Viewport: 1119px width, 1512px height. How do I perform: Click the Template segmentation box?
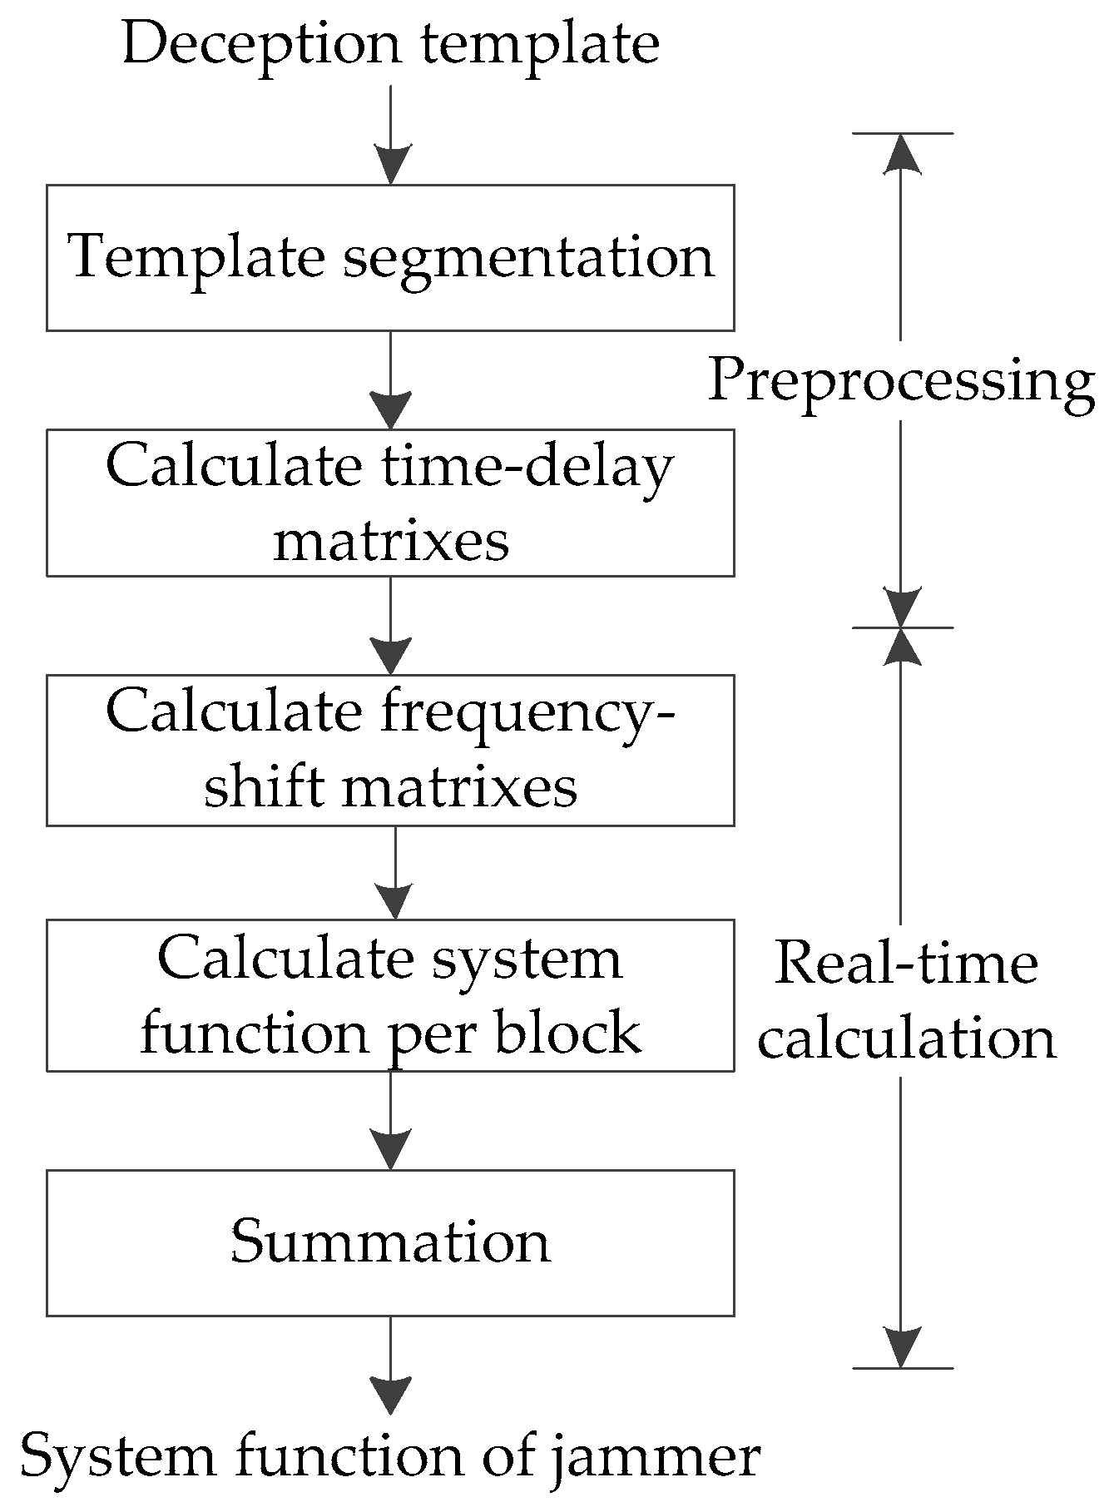[x=389, y=258]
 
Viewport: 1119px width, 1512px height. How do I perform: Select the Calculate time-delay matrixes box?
[x=389, y=503]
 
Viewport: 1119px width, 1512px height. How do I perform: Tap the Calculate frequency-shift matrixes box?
[x=389, y=750]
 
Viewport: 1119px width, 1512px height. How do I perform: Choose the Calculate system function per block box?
[x=389, y=995]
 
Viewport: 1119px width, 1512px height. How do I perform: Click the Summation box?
[x=389, y=1242]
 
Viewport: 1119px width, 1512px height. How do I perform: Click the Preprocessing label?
[x=901, y=381]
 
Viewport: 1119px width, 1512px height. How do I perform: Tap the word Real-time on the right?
[x=906, y=964]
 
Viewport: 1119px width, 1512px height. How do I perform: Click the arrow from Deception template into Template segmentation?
[x=390, y=133]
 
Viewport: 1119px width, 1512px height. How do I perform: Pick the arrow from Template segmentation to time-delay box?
[x=390, y=379]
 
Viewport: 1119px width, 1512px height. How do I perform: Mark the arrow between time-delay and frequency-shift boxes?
[x=390, y=625]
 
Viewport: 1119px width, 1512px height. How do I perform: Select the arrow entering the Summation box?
[x=390, y=1119]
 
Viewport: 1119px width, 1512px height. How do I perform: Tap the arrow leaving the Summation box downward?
[x=390, y=1365]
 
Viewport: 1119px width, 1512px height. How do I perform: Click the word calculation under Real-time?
[x=906, y=1039]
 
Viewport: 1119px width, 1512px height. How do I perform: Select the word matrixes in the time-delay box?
[x=391, y=542]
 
